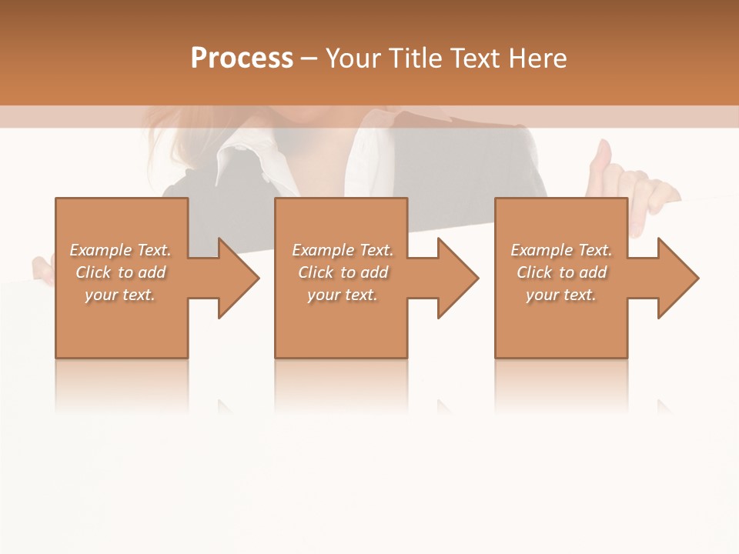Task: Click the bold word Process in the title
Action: coord(242,58)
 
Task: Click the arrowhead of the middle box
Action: coord(459,278)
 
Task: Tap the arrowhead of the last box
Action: coord(678,278)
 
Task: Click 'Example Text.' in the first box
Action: coord(121,250)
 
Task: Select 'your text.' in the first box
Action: coord(119,295)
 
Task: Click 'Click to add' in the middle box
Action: coord(343,272)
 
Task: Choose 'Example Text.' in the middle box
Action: coord(343,250)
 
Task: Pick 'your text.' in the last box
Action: coord(560,295)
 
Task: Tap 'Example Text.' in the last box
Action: coord(561,250)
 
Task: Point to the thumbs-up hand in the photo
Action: coord(604,165)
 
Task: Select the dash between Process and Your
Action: coord(309,59)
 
